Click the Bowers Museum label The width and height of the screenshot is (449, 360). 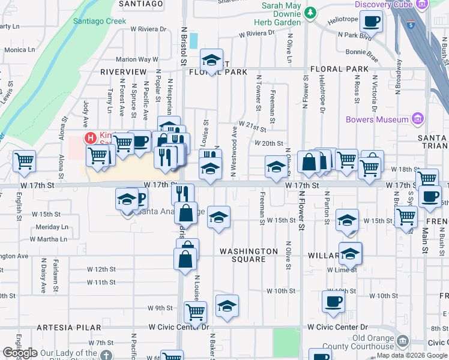pyautogui.click(x=377, y=119)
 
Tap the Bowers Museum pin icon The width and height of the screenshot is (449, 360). pyautogui.click(x=417, y=119)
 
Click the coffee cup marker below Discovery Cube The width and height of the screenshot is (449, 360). pyautogui.click(x=372, y=23)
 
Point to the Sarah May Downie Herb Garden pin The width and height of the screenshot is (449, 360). pyautogui.click(x=310, y=13)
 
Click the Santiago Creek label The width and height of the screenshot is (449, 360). pyautogui.click(x=100, y=20)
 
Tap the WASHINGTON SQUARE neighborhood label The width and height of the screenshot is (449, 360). pyautogui.click(x=249, y=255)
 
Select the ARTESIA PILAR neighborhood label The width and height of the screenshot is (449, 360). pyautogui.click(x=58, y=328)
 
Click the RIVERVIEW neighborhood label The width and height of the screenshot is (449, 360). pyautogui.click(x=124, y=71)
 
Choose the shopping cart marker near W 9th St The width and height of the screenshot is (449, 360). pyautogui.click(x=195, y=311)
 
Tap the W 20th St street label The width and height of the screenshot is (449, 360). pyautogui.click(x=268, y=143)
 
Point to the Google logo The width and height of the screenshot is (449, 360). pyautogui.click(x=20, y=353)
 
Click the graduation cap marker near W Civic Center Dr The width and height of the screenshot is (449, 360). pyautogui.click(x=227, y=306)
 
